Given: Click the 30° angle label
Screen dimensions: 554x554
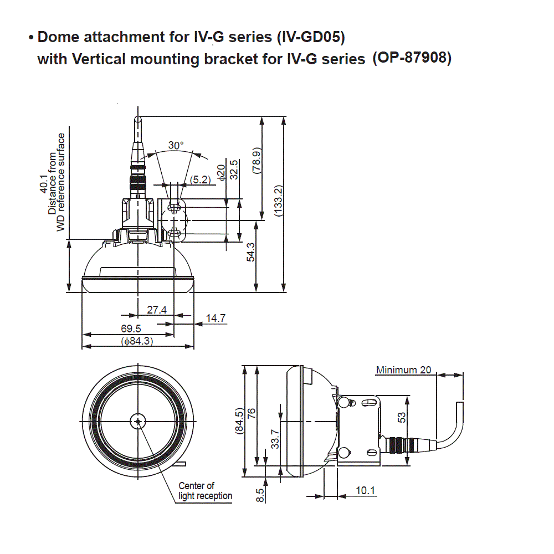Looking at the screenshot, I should pyautogui.click(x=176, y=145).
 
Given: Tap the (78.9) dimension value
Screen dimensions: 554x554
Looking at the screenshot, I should pyautogui.click(x=256, y=161).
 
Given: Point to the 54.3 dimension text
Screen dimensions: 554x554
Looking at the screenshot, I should pyautogui.click(x=251, y=252).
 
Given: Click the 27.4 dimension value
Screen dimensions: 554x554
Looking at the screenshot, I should pyautogui.click(x=156, y=310).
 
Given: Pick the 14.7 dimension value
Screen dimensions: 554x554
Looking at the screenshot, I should pyautogui.click(x=216, y=318).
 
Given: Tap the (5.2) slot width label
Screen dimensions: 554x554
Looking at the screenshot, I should pyautogui.click(x=200, y=179).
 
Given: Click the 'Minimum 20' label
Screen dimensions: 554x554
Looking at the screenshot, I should pyautogui.click(x=403, y=370).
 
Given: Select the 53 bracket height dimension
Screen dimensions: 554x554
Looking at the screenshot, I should pyautogui.click(x=402, y=417).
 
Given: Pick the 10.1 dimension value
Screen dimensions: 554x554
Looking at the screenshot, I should pyautogui.click(x=366, y=490).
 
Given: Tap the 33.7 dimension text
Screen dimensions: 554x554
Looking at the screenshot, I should pyautogui.click(x=275, y=439).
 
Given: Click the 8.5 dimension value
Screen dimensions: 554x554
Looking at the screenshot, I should pyautogui.click(x=260, y=494).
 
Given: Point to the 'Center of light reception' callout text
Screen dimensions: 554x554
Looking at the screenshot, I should pyautogui.click(x=204, y=491).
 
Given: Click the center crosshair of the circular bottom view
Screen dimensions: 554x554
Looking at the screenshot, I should pyautogui.click(x=137, y=422).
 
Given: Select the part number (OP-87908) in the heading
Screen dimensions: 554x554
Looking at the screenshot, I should pyautogui.click(x=412, y=57).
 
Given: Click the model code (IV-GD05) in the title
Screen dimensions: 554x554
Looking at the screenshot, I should pyautogui.click(x=310, y=38).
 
